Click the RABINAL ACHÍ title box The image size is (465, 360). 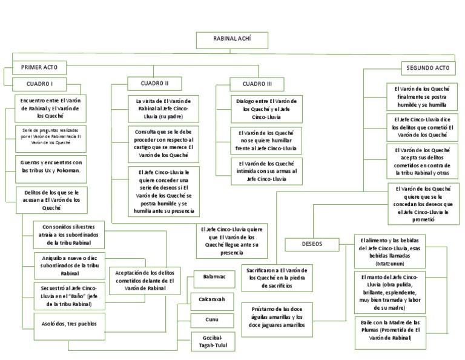tap(231, 39)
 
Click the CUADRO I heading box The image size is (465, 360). tap(40, 84)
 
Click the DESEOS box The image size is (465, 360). tap(312, 244)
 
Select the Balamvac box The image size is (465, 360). tap(214, 277)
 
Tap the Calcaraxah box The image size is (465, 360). tap(213, 299)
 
